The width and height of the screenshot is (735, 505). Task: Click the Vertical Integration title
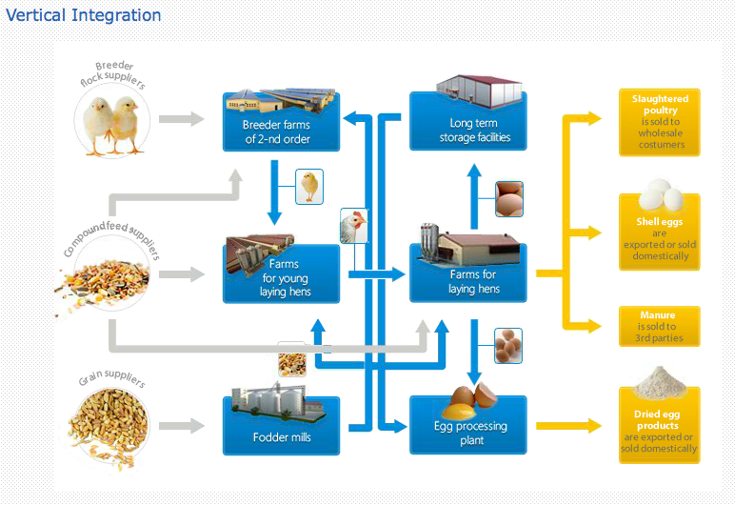point(84,15)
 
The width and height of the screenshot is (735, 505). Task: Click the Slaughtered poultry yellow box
point(659,122)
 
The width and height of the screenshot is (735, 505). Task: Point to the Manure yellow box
point(659,326)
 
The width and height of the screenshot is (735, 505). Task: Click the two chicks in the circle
point(114,121)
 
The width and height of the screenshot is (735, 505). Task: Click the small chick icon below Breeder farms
point(309,187)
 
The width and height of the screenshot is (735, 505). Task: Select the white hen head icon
point(353,227)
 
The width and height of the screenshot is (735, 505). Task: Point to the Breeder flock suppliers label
point(113,74)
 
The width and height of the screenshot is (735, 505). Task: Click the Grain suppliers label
point(111,380)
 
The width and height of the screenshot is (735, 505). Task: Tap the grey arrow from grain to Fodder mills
point(181,426)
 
